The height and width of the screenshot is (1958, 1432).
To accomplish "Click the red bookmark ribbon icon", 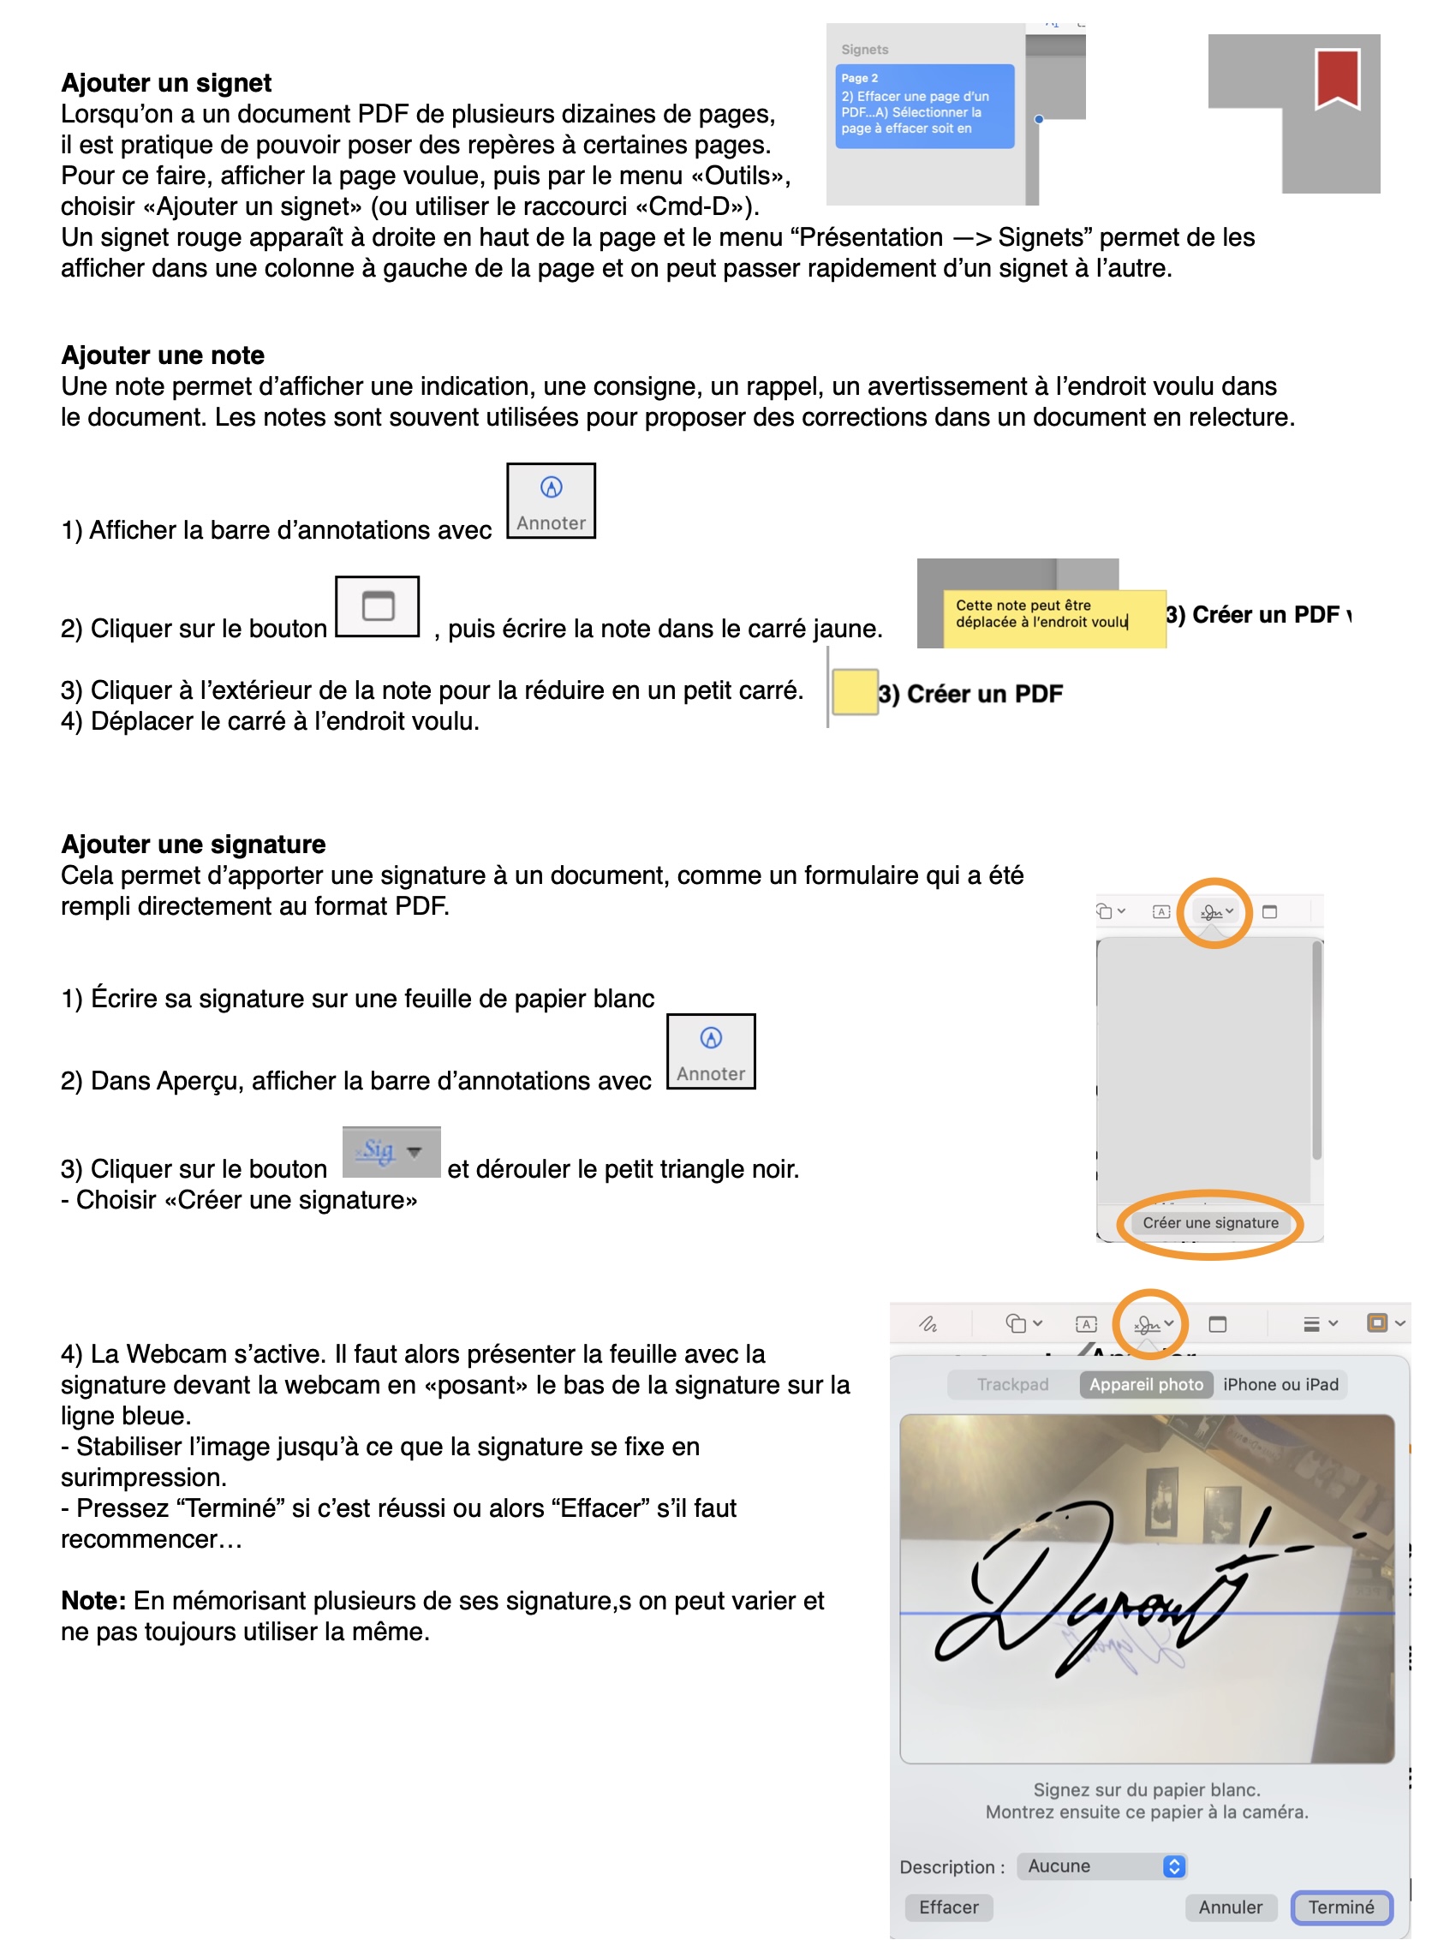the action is [1337, 79].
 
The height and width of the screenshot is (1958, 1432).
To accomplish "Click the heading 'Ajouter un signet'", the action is [166, 83].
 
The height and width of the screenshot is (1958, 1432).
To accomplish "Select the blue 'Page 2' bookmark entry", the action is [924, 105].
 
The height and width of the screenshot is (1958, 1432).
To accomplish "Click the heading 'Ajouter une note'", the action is [163, 355].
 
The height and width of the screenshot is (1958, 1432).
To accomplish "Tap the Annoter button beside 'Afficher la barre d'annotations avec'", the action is [552, 501].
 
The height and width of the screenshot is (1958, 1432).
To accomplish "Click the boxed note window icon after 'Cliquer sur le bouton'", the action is [377, 606].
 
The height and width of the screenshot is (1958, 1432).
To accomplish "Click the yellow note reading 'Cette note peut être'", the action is [1054, 618].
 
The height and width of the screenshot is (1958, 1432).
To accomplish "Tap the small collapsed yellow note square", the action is [855, 693].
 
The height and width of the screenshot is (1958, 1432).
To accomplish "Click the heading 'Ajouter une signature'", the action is [194, 845].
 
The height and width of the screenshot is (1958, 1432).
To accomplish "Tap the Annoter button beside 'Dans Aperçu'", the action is [711, 1051].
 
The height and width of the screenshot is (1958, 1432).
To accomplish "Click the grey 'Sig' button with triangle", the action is [391, 1152].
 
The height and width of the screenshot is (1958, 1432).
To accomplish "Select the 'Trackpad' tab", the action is [1012, 1384].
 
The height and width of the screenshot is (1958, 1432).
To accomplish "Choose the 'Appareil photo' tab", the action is [1146, 1384].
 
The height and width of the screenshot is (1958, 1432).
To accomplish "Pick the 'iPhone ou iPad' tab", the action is [1280, 1384].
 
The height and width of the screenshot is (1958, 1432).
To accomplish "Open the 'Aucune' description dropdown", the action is [1101, 1866].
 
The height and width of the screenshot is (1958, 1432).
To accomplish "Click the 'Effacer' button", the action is [948, 1907].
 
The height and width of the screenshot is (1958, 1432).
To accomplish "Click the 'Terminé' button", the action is [1341, 1907].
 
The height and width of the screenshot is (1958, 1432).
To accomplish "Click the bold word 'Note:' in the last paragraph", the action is [93, 1601].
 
